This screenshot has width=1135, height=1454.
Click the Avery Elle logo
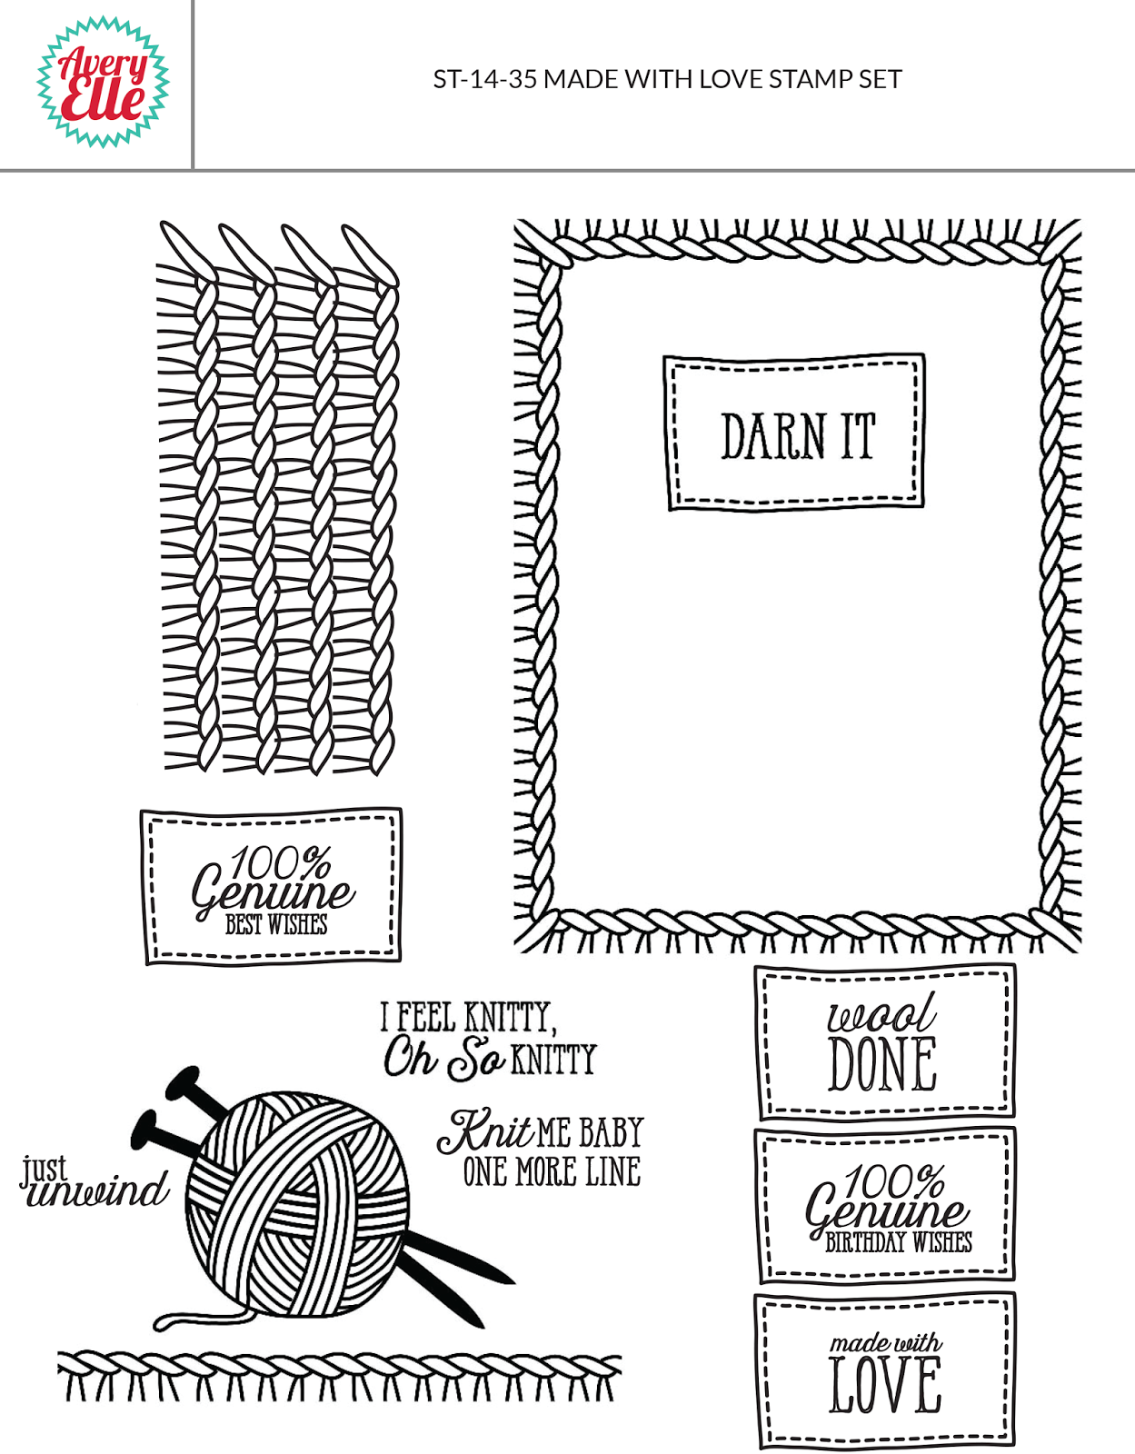pyautogui.click(x=103, y=82)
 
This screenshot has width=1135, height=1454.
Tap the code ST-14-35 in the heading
pyautogui.click(x=485, y=80)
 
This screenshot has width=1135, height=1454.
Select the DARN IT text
pyautogui.click(x=798, y=435)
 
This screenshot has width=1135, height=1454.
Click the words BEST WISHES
pyautogui.click(x=276, y=925)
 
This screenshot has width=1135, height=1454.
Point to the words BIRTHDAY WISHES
pyautogui.click(x=898, y=1242)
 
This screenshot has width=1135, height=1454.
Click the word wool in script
pyautogui.click(x=881, y=1014)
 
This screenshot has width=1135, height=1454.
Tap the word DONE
pyautogui.click(x=882, y=1064)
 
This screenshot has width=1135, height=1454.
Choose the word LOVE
pyautogui.click(x=885, y=1386)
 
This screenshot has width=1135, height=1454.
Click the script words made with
pyautogui.click(x=886, y=1342)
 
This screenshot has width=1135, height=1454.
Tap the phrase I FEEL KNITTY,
pyautogui.click(x=468, y=1017)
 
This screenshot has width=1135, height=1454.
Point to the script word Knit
pyautogui.click(x=485, y=1130)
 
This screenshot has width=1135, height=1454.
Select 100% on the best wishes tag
pyautogui.click(x=280, y=862)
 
